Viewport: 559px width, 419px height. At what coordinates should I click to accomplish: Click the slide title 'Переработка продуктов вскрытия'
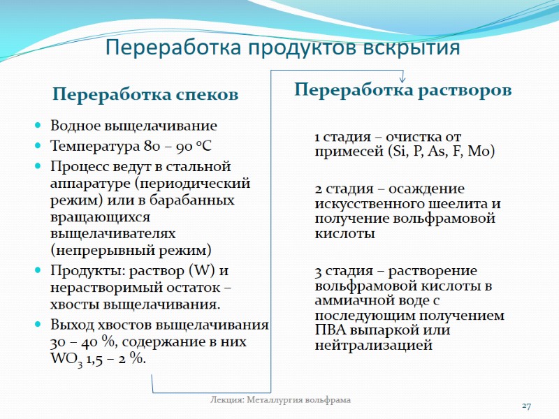tap(282, 48)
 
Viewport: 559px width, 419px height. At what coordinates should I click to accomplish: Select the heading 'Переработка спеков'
tap(145, 94)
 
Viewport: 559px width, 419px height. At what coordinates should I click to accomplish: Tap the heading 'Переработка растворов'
tap(403, 90)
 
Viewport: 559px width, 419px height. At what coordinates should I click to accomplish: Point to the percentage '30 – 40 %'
tap(78, 342)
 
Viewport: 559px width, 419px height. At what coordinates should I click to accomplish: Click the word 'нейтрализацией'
tap(374, 345)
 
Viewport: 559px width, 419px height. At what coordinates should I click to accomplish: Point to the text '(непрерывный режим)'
tap(130, 249)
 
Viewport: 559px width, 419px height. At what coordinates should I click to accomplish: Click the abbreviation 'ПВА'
tap(331, 330)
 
